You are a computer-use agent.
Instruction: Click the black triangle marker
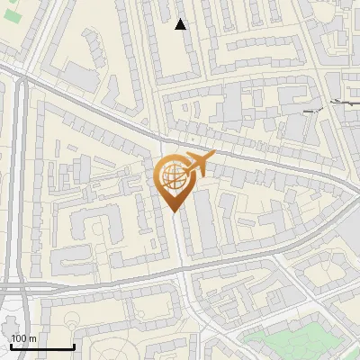point(181,24)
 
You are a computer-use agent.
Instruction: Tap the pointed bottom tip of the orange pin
point(174,212)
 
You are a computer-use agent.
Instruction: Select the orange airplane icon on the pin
point(198,164)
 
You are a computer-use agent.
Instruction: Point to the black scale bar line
point(42,346)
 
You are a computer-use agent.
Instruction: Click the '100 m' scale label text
point(23,338)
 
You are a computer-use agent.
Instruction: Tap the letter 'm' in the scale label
point(32,338)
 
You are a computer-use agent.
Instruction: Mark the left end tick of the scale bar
point(11,346)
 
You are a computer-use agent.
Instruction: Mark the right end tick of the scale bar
point(74,346)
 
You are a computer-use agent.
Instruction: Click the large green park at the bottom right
point(288,342)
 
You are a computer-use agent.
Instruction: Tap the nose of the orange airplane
point(214,157)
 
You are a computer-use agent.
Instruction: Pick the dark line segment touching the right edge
point(346,103)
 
